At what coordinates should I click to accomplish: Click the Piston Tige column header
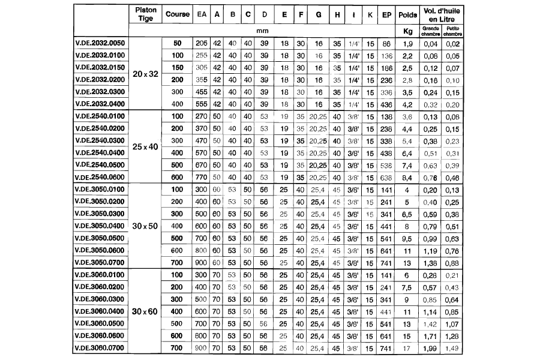145,14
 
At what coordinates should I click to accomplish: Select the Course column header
178,14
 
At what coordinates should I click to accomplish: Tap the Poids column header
408,14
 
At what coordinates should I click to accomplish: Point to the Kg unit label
408,30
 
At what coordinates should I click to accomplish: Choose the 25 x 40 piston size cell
145,147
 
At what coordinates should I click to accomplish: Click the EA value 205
202,44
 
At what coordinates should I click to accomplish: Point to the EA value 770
202,178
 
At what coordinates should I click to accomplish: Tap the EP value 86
386,44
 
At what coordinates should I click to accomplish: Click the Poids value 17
408,347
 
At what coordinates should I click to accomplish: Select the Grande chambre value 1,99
430,347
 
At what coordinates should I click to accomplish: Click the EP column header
386,14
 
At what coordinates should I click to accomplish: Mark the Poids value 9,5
408,238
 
